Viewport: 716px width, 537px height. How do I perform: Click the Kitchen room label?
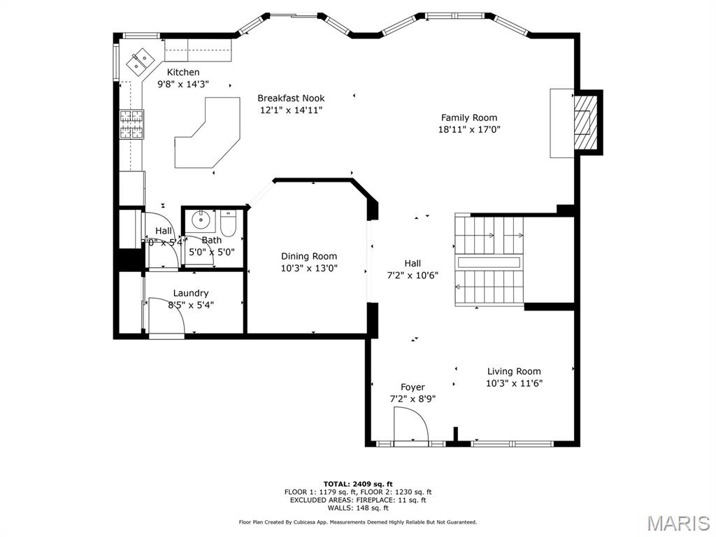pos(183,72)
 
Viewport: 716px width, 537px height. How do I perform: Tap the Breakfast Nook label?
pos(291,99)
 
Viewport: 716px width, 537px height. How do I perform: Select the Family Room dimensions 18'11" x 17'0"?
pos(469,129)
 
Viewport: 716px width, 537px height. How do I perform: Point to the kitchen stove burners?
pos(131,124)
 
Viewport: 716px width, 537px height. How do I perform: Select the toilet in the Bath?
pos(229,224)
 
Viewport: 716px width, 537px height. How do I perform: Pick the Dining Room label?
pos(309,257)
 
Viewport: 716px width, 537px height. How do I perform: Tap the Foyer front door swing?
pos(411,425)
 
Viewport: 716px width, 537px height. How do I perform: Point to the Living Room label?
pos(514,371)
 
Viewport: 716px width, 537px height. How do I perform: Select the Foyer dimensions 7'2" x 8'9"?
pos(413,399)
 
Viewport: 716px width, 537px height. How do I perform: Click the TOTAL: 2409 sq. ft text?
pos(357,484)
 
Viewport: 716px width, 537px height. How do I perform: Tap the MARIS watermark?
pos(678,522)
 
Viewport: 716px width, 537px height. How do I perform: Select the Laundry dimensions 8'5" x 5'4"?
pos(191,305)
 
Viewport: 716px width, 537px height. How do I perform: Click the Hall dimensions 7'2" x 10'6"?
pos(413,275)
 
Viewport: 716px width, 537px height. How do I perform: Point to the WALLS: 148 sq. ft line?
pos(357,508)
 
